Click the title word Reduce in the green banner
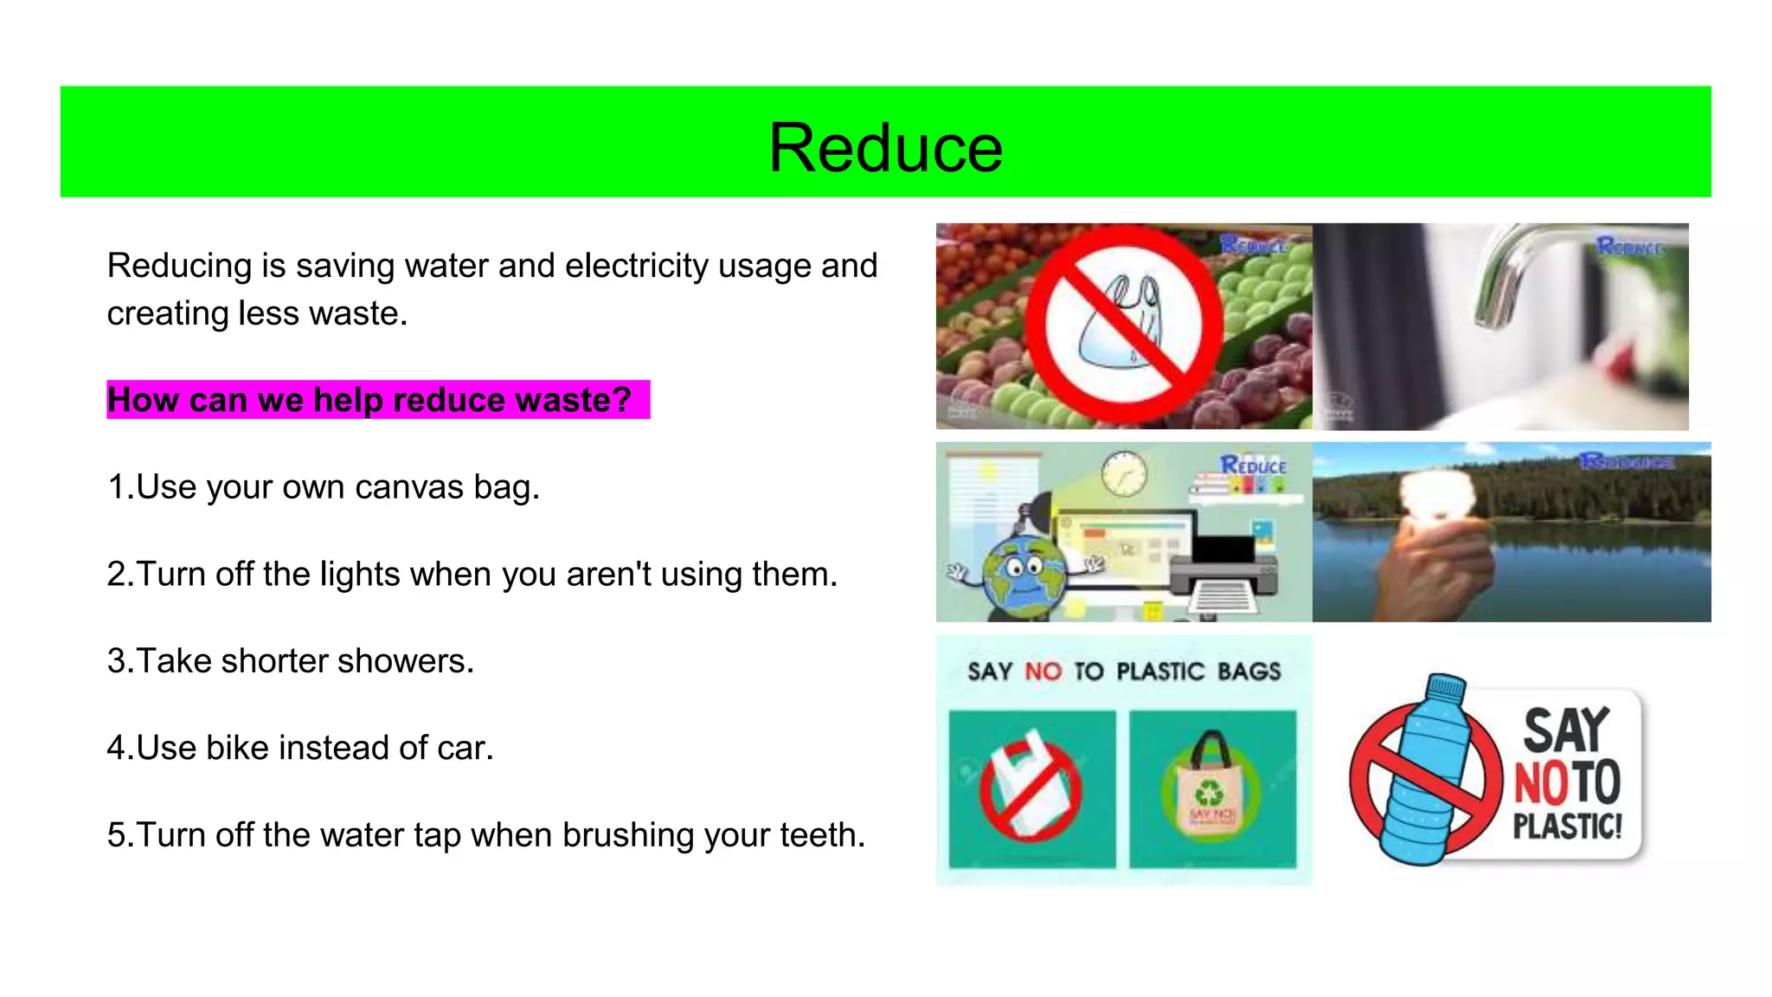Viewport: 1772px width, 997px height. coord(885,147)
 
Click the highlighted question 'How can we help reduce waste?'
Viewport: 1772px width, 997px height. coord(369,400)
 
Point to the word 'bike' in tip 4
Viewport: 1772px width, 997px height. coord(237,748)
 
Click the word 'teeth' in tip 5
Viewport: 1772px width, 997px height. coord(819,835)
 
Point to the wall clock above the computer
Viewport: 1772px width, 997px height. coord(1124,473)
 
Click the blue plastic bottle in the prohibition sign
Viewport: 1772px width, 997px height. coord(1420,770)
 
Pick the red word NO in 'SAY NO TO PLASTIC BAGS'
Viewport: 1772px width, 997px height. coord(1043,672)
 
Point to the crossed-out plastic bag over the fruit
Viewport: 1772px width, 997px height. coord(1123,324)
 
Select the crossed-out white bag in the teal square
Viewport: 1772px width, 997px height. coord(1030,788)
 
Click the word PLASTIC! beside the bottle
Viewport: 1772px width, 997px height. coord(1567,827)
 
